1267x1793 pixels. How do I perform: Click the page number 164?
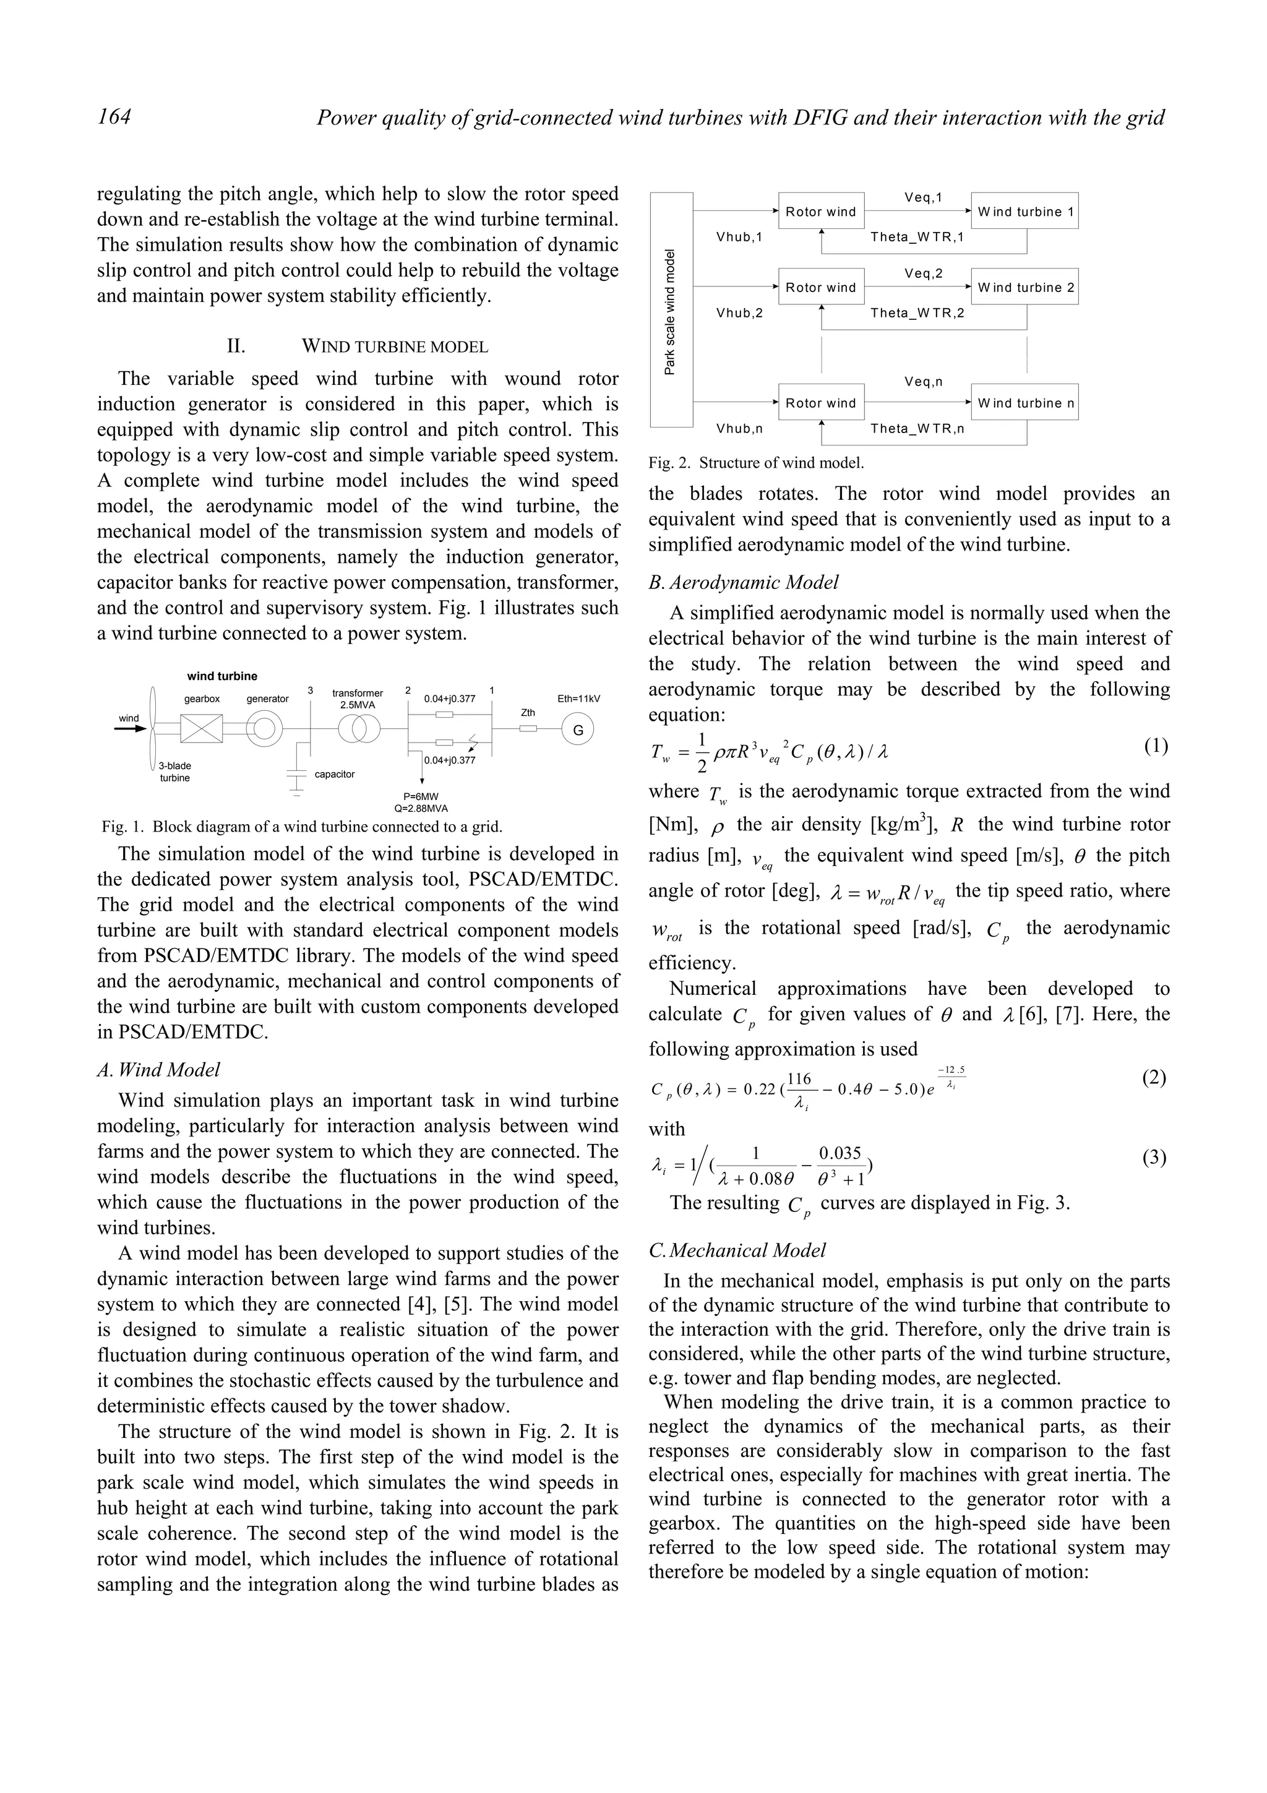114,117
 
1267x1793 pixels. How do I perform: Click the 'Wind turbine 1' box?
1024,211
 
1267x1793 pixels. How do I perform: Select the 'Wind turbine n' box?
1024,402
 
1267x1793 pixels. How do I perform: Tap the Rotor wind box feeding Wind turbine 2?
821,287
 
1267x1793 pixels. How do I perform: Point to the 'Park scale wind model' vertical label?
670,311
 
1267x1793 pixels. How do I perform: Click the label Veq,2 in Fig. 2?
924,273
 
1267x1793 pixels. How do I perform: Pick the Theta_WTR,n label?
917,428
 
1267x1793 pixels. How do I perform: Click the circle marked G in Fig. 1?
578,730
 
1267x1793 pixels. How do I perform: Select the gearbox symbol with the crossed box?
202,729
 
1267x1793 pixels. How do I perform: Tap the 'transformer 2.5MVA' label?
358,698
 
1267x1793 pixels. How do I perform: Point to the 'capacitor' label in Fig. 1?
334,774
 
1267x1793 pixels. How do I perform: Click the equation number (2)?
1154,1078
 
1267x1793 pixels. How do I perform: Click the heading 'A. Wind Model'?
158,1070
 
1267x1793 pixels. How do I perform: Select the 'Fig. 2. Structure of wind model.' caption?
755,462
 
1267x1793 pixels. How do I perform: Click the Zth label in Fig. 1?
528,712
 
